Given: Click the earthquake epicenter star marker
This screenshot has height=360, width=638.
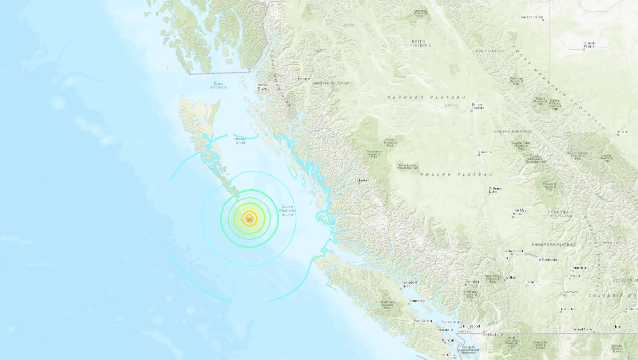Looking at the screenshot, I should click(x=250, y=219).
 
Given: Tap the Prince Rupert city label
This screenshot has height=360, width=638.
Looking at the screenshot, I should click(x=263, y=87).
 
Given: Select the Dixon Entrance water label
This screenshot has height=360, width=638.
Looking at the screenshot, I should click(x=219, y=85).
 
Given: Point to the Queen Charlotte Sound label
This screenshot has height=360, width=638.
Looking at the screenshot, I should click(x=287, y=211).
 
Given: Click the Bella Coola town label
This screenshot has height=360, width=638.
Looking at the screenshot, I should click(x=368, y=180).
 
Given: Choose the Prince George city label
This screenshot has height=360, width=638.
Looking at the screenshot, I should click(x=478, y=106).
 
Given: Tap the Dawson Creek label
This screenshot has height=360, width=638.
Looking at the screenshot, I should click(x=531, y=17).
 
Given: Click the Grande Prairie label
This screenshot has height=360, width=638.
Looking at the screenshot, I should click(x=590, y=45).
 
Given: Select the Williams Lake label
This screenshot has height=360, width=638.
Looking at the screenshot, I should click(x=495, y=190).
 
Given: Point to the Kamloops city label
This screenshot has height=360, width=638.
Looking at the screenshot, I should click(x=550, y=259).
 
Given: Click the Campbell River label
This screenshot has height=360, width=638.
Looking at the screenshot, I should click(x=409, y=284).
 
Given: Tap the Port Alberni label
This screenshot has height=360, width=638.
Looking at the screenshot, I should click(x=423, y=321).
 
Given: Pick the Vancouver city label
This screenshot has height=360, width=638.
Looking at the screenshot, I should click(x=451, y=322).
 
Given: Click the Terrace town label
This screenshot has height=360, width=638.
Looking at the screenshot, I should click(x=303, y=79).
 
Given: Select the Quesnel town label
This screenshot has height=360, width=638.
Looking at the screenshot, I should click(x=486, y=152).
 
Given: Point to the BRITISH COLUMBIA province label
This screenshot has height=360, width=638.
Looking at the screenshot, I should click(x=420, y=43).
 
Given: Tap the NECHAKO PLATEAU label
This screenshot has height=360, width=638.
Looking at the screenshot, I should click(x=426, y=97).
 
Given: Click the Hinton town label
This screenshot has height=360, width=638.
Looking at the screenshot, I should click(x=623, y=132).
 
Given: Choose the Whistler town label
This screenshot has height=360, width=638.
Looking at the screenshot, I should click(x=472, y=282).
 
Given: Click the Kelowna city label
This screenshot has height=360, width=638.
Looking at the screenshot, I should click(x=571, y=292).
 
